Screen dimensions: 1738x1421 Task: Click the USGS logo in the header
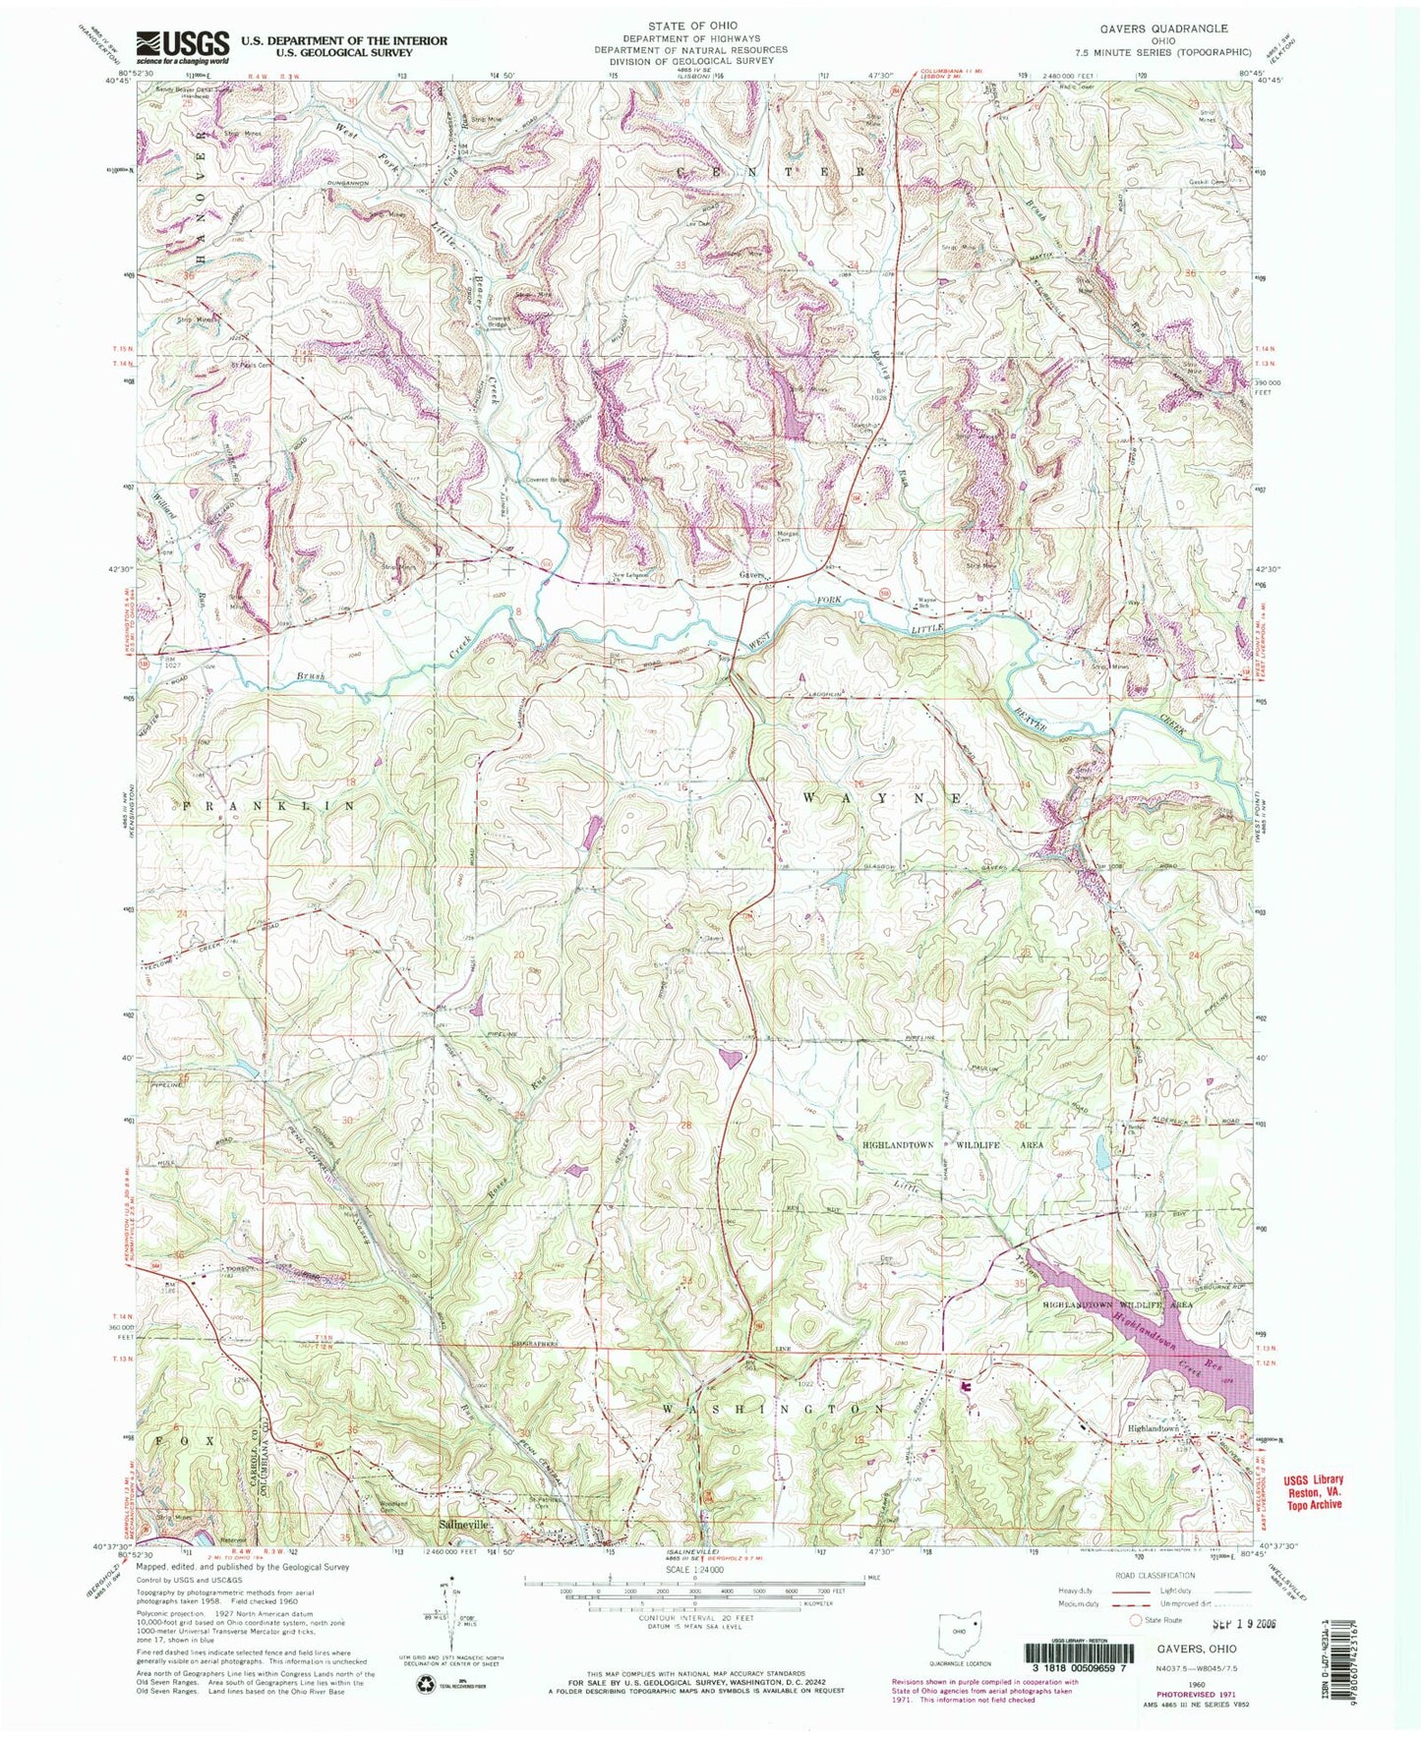tap(183, 45)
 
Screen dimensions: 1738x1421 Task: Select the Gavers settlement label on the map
tap(752, 576)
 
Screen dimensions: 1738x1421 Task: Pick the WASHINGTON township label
tap(773, 1410)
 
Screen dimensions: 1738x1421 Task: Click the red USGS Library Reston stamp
tap(1310, 1491)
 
